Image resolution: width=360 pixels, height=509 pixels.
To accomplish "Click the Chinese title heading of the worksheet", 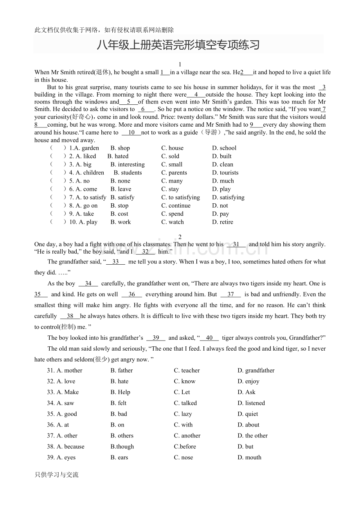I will (178, 45).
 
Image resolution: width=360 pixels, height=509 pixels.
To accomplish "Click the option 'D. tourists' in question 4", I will (225, 173).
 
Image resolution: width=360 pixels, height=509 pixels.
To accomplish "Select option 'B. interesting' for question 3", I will (128, 165).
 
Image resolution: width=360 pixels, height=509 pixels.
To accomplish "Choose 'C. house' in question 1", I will (172, 148).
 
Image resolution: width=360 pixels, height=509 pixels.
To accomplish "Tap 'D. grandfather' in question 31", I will (256, 371).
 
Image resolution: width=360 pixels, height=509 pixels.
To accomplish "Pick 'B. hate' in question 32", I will (119, 382).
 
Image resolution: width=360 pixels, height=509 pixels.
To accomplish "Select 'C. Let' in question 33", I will (182, 393).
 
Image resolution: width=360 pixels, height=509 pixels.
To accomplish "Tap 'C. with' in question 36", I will (183, 425).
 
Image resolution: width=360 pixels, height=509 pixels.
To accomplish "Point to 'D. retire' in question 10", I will (223, 222).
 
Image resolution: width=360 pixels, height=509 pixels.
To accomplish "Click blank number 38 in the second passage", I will (70, 316).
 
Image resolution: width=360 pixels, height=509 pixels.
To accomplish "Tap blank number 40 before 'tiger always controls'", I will (209, 338).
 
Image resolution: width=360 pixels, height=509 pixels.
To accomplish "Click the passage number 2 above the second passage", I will (180, 237).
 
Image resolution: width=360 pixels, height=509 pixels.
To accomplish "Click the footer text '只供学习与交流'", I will (56, 475).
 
